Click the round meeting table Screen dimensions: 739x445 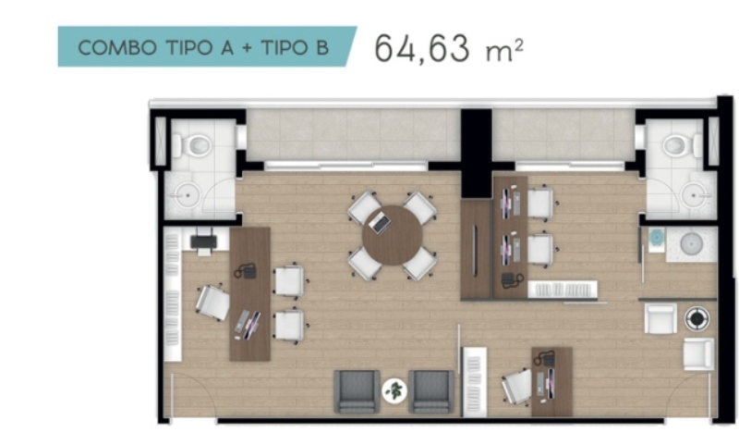pos(392,235)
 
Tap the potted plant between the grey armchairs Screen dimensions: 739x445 pos(394,390)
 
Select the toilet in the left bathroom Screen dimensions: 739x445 pos(193,144)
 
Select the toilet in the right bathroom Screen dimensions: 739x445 pos(682,144)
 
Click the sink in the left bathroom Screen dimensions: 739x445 pos(188,195)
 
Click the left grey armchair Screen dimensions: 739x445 pos(357,391)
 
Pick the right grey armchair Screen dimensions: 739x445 pos(431,391)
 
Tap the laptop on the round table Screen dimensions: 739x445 pos(380,222)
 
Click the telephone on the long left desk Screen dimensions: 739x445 pos(246,271)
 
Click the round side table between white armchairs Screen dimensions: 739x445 pos(697,318)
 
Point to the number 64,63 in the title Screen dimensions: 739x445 pos(422,48)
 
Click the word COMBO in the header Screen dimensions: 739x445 pos(117,48)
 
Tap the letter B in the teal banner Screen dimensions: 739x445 pos(322,48)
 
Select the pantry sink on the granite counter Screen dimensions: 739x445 pos(692,244)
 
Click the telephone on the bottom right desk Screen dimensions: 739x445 pos(545,359)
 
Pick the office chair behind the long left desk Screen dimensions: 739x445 pos(213,303)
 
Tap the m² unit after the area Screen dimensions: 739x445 pos(504,50)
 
